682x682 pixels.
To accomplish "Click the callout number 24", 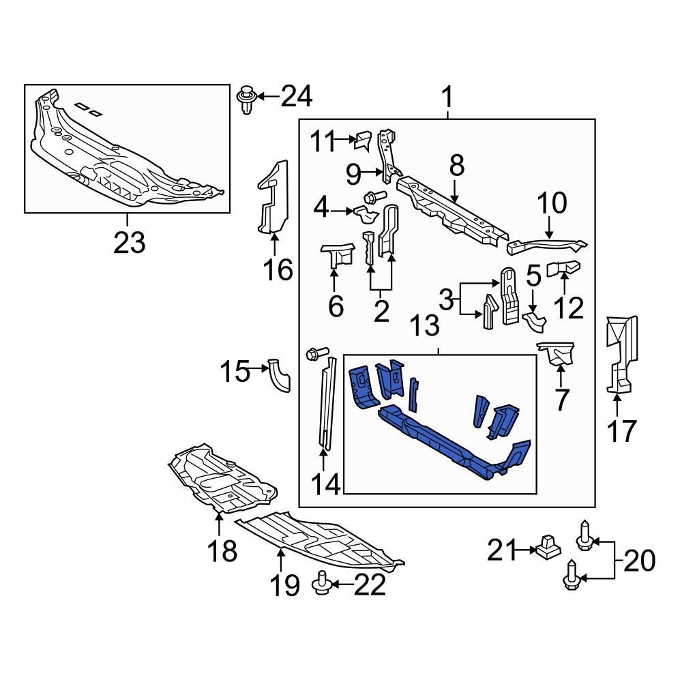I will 297,98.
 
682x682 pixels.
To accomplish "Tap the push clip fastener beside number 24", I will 246,100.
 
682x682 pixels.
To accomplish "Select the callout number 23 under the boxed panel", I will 130,241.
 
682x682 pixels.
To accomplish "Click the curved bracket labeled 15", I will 280,375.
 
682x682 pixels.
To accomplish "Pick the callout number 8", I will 456,166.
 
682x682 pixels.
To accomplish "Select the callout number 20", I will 638,561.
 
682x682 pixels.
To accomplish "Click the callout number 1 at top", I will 447,98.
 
